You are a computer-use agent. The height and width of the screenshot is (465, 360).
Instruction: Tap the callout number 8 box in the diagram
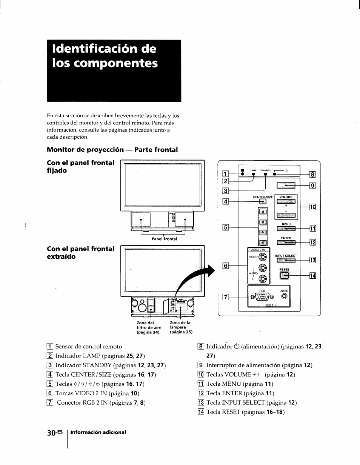pyautogui.click(x=312, y=174)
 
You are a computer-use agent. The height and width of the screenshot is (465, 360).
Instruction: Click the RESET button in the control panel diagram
pyautogui.click(x=284, y=276)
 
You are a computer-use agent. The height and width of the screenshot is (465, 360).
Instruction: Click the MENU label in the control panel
pyautogui.click(x=286, y=224)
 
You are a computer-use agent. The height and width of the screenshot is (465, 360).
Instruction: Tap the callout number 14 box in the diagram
pyautogui.click(x=312, y=276)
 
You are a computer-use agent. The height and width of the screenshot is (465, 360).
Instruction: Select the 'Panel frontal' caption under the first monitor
pyautogui.click(x=164, y=239)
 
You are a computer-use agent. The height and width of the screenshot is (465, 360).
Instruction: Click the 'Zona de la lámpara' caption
pyautogui.click(x=181, y=327)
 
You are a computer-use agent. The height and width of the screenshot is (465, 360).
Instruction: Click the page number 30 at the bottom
pyautogui.click(x=52, y=432)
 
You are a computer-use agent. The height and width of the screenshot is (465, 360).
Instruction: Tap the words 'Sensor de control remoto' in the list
pyautogui.click(x=89, y=346)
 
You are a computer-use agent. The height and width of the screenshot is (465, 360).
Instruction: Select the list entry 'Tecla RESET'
pyautogui.click(x=245, y=412)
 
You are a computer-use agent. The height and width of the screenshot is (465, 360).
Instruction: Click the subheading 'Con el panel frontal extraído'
pyautogui.click(x=80, y=253)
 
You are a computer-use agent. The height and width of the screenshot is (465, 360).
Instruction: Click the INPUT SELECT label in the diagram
pyautogui.click(x=286, y=256)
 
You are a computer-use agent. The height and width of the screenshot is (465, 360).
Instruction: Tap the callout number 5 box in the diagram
pyautogui.click(x=225, y=227)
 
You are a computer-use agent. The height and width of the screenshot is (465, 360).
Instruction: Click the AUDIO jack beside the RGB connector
pyautogui.click(x=284, y=296)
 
